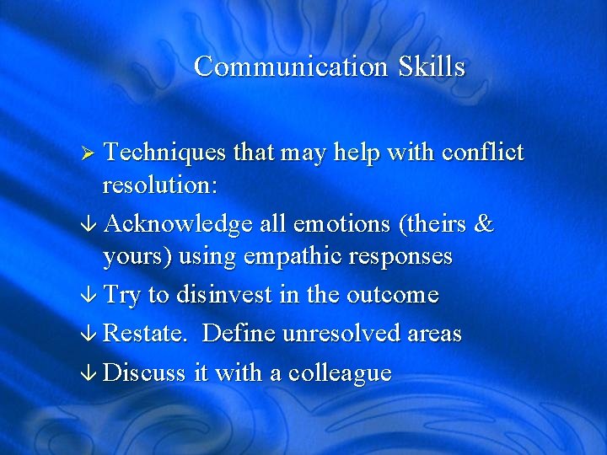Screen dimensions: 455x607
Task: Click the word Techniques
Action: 164,153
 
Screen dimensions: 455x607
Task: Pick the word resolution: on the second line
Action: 157,185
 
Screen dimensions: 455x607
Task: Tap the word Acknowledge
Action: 178,225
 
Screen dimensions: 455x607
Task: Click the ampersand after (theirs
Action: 484,225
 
